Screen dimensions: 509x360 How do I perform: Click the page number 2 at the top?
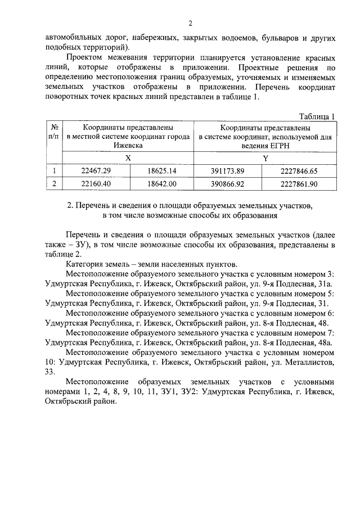pyautogui.click(x=190, y=23)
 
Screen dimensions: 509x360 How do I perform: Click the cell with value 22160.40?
pyautogui.click(x=96, y=183)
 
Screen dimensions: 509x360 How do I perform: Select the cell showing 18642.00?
pyautogui.click(x=161, y=183)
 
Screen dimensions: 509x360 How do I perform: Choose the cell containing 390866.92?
pyautogui.click(x=228, y=183)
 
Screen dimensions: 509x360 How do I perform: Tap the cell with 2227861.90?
pyautogui.click(x=298, y=183)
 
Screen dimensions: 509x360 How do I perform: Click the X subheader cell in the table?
pyautogui.click(x=128, y=159)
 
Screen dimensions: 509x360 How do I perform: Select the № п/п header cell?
pyautogui.click(x=54, y=132)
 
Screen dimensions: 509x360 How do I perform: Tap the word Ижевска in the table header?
pyautogui.click(x=128, y=145)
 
